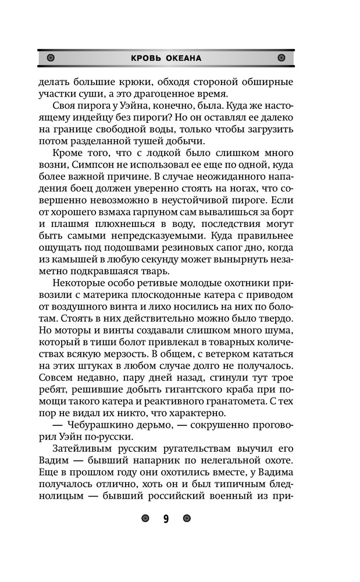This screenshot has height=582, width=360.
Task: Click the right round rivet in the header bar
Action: click(281, 58)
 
